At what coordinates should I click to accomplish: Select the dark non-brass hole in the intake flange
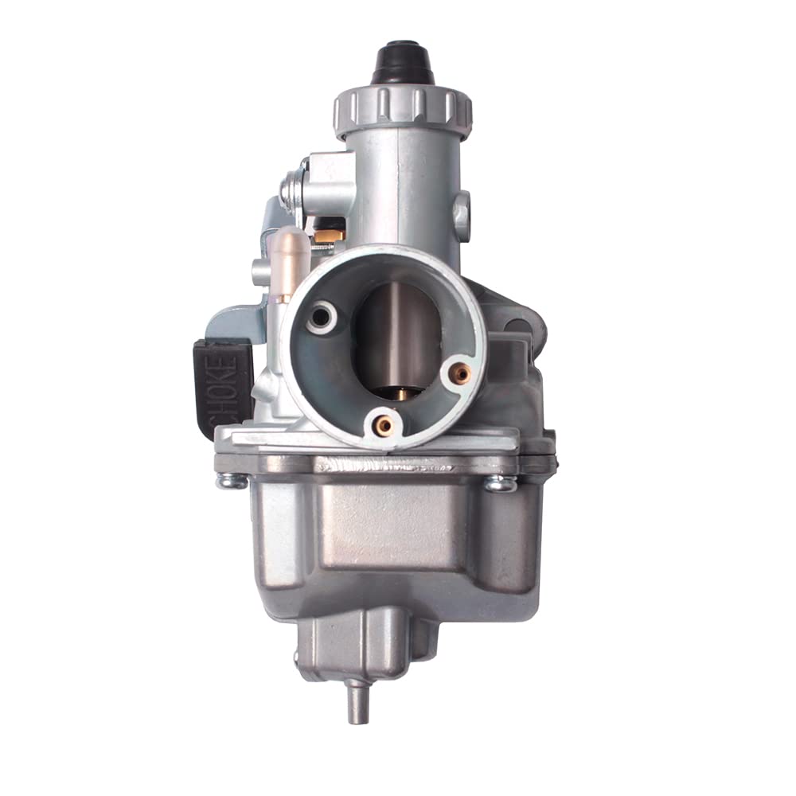tap(321, 317)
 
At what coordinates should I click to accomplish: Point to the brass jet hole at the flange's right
tap(459, 372)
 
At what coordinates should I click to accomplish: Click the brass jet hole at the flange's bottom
tap(384, 425)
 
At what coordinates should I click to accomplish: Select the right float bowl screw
tap(499, 482)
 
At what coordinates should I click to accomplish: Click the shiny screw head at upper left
tap(291, 191)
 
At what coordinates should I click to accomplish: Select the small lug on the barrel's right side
tap(461, 209)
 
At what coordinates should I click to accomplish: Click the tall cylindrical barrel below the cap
tap(404, 191)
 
